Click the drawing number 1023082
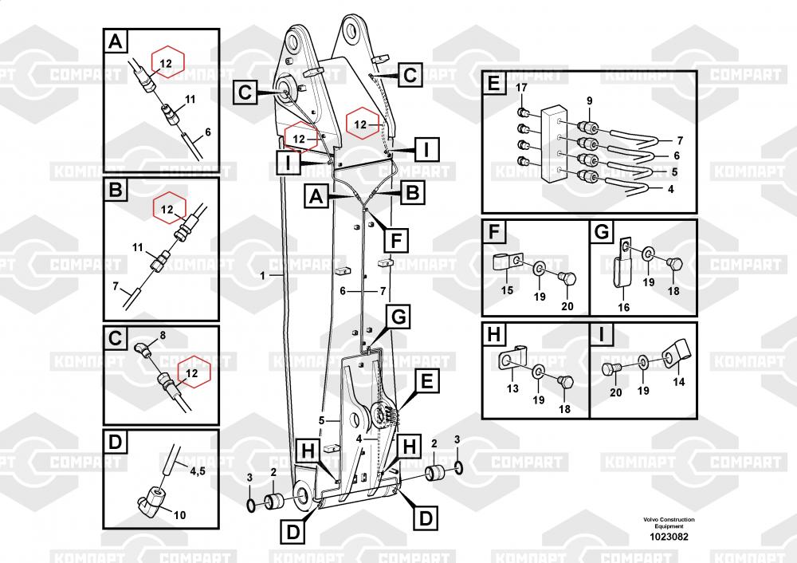(x=669, y=537)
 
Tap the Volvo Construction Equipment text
(x=669, y=523)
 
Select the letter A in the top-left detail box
(x=116, y=41)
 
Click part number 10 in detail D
(x=179, y=515)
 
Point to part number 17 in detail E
(x=521, y=87)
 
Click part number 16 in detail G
(x=624, y=307)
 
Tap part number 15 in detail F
(x=507, y=291)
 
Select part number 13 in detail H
(x=512, y=388)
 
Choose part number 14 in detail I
(x=678, y=383)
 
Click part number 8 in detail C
(x=163, y=337)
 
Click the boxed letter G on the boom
(x=398, y=317)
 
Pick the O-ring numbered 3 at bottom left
(x=252, y=504)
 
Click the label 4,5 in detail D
(x=197, y=471)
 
